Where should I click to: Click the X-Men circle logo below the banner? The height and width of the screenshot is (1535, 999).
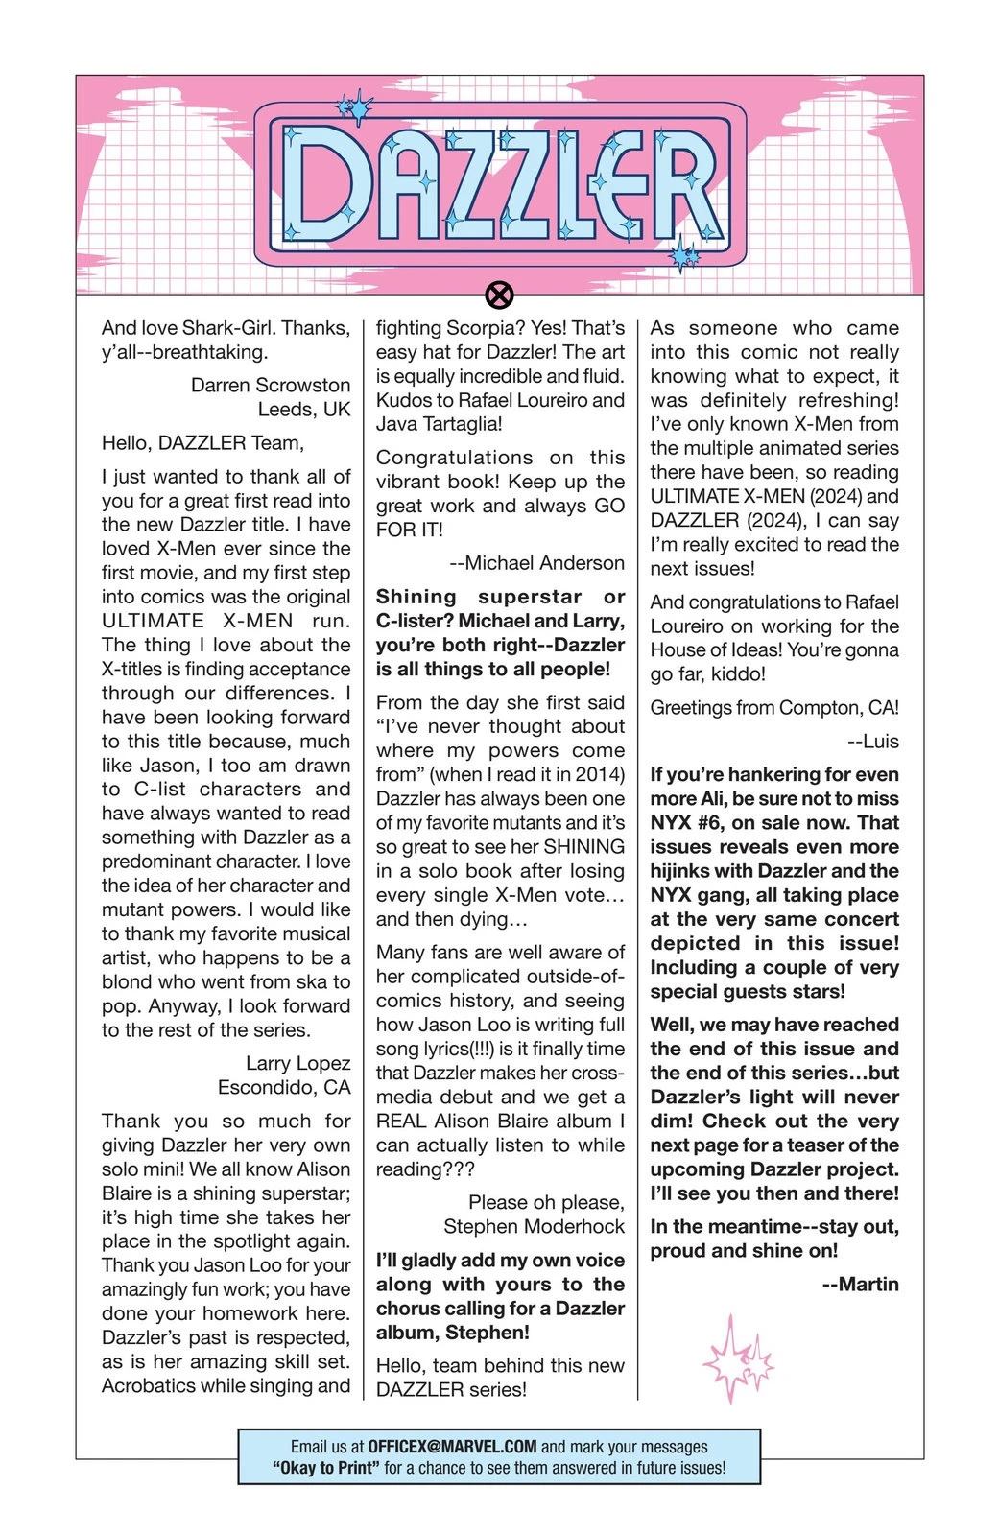(x=499, y=295)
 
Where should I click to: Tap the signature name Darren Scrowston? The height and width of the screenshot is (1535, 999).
(x=271, y=385)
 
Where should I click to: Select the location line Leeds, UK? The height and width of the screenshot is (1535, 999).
(x=304, y=409)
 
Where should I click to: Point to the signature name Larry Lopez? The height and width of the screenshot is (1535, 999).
(x=297, y=1063)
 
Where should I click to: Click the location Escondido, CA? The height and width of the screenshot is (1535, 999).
(x=284, y=1087)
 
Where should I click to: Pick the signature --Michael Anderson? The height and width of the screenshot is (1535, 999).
(x=536, y=563)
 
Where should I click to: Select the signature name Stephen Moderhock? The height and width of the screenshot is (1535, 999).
(x=534, y=1226)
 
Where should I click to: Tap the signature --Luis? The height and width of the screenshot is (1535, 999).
(x=873, y=741)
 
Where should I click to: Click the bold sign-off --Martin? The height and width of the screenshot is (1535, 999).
(x=861, y=1284)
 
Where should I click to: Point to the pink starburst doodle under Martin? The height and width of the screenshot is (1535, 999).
(x=736, y=1360)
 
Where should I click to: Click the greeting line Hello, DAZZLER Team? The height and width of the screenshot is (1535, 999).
(x=202, y=442)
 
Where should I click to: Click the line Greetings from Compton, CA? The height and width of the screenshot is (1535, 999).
(x=774, y=707)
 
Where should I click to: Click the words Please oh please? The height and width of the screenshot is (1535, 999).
(x=546, y=1202)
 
